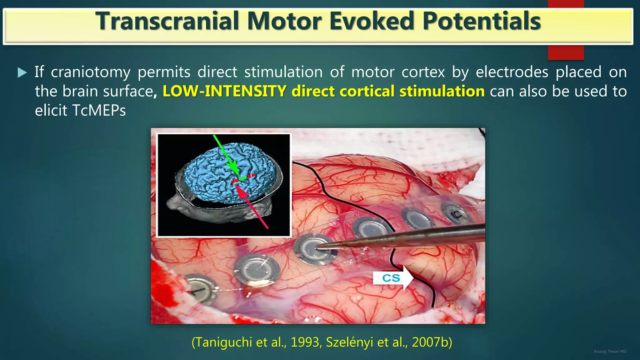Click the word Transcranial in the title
167,21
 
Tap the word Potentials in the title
482,21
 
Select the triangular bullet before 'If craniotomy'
22,72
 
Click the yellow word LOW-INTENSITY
224,91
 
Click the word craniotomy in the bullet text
91,72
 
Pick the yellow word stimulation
442,91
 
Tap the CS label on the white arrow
391,278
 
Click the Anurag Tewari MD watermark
610,352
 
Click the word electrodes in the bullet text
512,72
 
